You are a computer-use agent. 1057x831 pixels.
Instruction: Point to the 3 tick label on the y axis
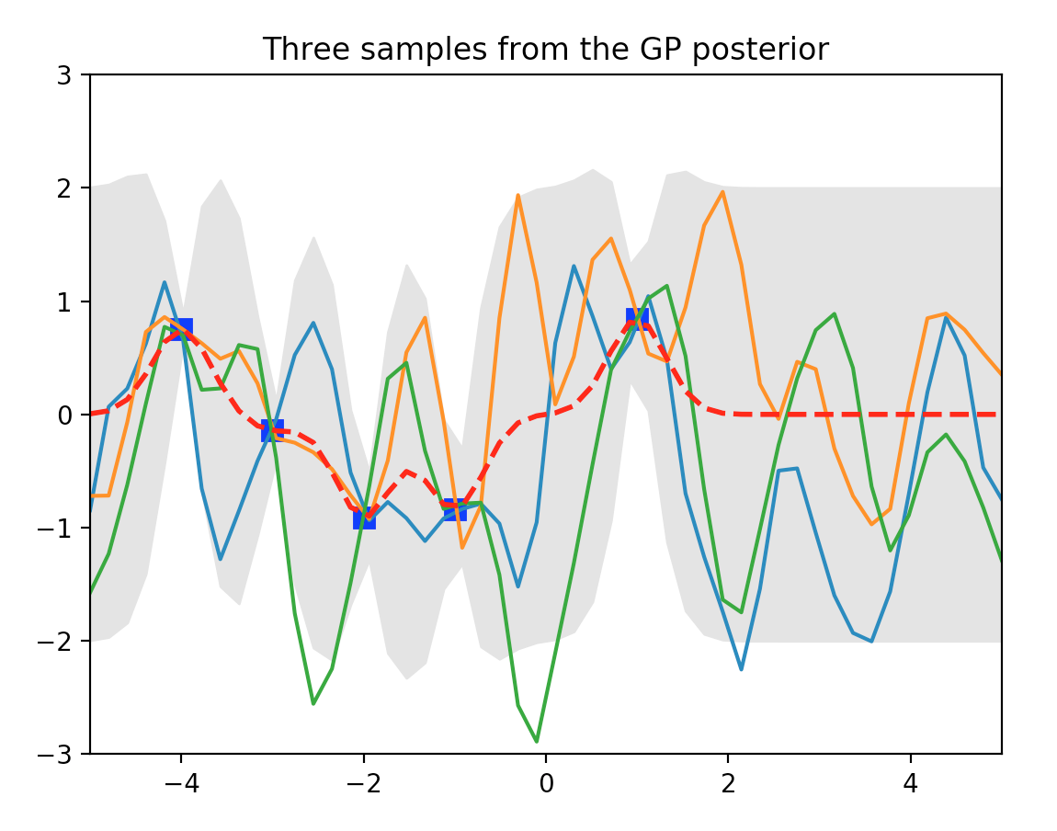coord(64,75)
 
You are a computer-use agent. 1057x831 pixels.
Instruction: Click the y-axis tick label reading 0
coord(64,415)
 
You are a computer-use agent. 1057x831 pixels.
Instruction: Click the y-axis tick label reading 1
coord(64,302)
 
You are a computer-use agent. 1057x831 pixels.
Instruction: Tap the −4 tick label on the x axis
coord(181,784)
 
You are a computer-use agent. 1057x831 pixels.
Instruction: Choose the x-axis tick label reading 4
coord(911,784)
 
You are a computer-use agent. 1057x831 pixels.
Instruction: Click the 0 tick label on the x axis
coord(546,784)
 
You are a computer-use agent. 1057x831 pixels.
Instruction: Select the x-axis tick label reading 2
coord(728,784)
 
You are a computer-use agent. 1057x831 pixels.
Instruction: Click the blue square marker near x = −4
coord(181,330)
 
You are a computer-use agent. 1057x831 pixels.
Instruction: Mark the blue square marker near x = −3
coord(272,430)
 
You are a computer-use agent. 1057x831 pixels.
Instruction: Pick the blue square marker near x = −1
coord(455,509)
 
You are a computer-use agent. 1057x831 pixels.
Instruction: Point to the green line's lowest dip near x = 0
coord(537,741)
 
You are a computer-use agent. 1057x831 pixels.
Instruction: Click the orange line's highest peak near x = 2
coord(722,192)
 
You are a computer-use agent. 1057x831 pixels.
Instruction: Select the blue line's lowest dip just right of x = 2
coord(742,669)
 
